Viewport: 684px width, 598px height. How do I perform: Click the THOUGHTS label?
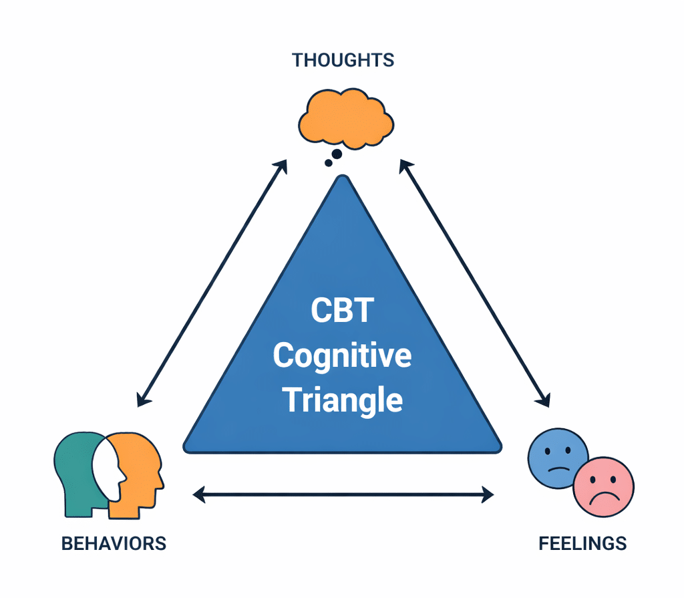click(x=343, y=60)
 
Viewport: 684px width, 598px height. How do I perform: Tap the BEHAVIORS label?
click(x=114, y=543)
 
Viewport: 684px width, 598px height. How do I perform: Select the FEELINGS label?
click(x=582, y=543)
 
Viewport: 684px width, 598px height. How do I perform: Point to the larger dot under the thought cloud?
click(x=337, y=154)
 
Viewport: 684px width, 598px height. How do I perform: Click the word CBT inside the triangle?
click(x=341, y=312)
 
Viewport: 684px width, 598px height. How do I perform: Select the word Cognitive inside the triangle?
click(x=342, y=355)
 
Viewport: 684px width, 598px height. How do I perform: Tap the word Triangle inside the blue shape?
click(x=343, y=400)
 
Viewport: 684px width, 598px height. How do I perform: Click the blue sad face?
click(x=557, y=457)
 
